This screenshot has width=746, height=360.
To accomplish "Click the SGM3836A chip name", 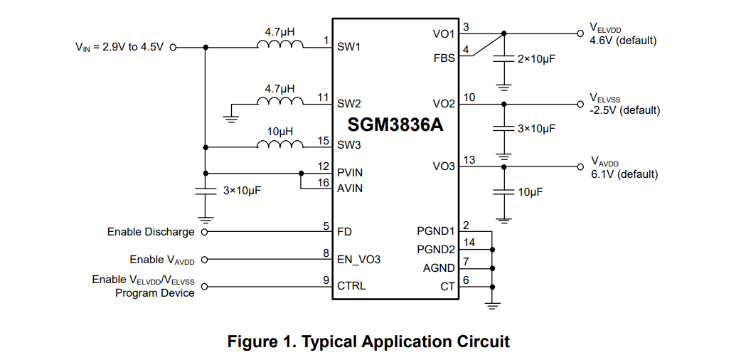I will (395, 125).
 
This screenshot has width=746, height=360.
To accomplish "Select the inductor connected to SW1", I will (280, 47).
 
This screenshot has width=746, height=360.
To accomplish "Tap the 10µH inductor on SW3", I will (280, 146).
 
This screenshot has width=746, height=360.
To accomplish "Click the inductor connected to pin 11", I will (280, 103).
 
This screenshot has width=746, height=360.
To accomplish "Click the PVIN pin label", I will (350, 173).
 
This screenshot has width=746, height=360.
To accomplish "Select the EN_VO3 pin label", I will (358, 260).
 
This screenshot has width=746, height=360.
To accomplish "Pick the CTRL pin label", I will (351, 286).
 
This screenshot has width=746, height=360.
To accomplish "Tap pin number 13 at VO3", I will (469, 160).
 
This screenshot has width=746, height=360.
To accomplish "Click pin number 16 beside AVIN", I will (324, 183).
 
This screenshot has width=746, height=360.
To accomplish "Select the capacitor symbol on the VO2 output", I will (504, 129).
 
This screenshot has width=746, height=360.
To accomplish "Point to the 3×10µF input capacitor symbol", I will (206, 190).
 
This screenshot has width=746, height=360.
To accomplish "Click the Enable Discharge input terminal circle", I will (205, 232).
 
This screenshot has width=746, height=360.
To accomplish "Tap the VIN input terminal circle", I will (172, 48).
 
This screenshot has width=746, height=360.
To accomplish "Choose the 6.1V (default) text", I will (624, 174).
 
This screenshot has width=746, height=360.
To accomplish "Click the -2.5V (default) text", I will (624, 110).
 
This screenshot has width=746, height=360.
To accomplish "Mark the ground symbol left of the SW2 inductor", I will (231, 116).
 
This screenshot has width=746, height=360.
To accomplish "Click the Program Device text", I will (154, 293).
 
